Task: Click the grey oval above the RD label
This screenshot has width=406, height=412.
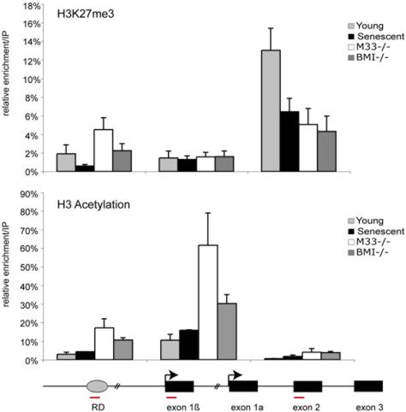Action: (97, 386)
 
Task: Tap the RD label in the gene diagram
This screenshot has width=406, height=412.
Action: (97, 408)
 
